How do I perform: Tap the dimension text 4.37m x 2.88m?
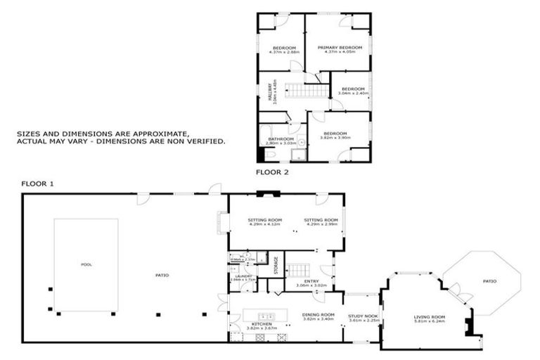[x=285, y=52]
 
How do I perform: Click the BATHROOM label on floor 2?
[x=281, y=139]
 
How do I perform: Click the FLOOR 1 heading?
[x=37, y=184]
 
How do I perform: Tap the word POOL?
[x=86, y=264]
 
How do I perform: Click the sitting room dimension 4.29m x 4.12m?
[x=264, y=224]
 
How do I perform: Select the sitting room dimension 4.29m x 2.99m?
[x=321, y=224]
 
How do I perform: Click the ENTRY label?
[x=311, y=281]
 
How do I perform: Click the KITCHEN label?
[x=262, y=324]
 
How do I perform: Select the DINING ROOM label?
[x=318, y=315]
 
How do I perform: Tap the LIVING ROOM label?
[x=429, y=316]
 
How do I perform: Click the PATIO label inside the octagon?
[x=489, y=281]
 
